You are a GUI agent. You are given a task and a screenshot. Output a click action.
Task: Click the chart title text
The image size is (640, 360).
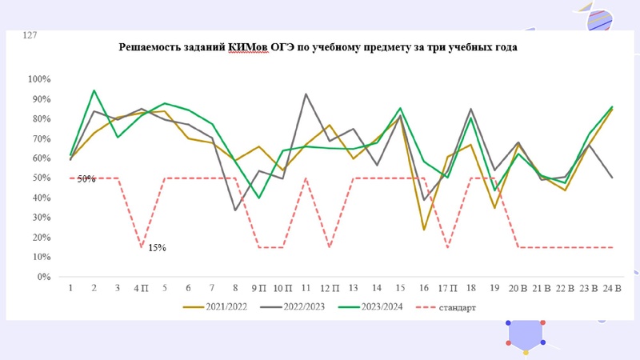[x=318, y=47]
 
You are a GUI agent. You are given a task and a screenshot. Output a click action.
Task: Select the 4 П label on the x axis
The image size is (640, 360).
[x=140, y=288]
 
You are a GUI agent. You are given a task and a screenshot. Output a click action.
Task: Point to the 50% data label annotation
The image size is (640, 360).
[x=86, y=179]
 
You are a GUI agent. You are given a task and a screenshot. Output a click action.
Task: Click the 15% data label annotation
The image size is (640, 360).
[x=157, y=248]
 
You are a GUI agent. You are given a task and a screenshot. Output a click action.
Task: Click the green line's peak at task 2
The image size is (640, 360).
[x=94, y=90]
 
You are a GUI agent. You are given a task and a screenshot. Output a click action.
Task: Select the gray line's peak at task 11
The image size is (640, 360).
[x=306, y=94]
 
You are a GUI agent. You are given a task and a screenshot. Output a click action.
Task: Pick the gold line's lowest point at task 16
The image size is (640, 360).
[x=423, y=230]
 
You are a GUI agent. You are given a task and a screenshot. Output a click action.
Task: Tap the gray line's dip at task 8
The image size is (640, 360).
[x=235, y=210]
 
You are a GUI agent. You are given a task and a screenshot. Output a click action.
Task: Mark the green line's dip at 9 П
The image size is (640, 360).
[x=258, y=198]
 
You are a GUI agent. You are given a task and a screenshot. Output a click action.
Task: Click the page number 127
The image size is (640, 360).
[x=30, y=36]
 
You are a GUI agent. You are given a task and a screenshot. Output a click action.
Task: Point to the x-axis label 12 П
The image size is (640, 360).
[x=329, y=288]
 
